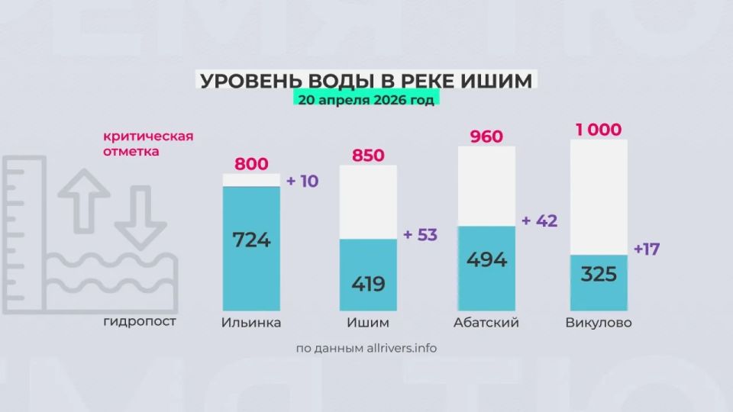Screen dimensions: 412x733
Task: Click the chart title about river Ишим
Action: click(366, 81)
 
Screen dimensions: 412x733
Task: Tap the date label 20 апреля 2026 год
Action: click(366, 100)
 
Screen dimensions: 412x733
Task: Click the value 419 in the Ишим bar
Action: click(368, 285)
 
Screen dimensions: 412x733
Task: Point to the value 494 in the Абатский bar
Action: click(486, 259)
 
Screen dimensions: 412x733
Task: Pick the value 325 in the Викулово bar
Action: click(598, 274)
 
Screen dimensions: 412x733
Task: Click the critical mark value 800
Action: click(251, 163)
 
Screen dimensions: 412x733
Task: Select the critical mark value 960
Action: click(486, 137)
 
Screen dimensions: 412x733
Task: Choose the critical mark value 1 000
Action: click(599, 130)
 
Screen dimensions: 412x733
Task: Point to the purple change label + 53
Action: click(420, 234)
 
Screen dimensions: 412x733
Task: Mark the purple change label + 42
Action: click(539, 221)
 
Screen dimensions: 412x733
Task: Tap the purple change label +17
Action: click(647, 249)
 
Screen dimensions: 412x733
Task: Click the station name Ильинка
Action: click(250, 323)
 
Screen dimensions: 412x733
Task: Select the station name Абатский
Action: click(486, 323)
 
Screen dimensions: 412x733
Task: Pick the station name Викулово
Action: click(599, 323)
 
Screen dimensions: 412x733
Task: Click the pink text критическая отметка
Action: click(148, 143)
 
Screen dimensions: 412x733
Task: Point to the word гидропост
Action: click(140, 321)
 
